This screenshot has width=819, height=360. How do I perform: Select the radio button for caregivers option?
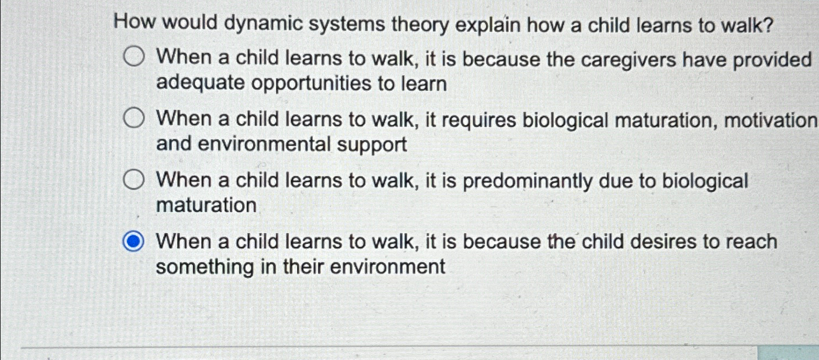133,57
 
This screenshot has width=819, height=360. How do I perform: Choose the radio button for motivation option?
133,118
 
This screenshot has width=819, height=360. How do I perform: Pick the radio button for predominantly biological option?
133,180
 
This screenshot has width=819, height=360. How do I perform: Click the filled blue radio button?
133,242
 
